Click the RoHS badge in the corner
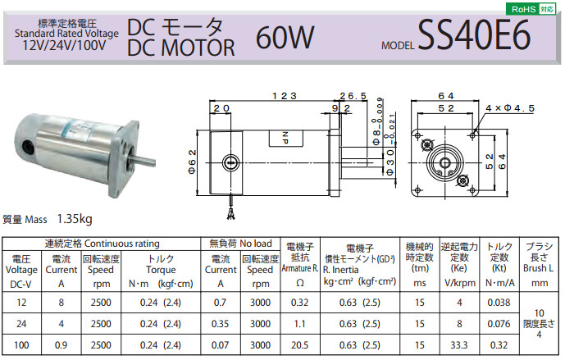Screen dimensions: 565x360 [531, 9]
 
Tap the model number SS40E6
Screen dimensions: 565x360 [474, 35]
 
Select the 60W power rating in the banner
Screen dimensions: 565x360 [285, 38]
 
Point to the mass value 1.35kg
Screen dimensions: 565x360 [75, 219]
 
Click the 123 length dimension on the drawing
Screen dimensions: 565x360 [285, 96]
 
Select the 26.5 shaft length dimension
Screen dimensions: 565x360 [353, 96]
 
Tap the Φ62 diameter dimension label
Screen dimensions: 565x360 [193, 162]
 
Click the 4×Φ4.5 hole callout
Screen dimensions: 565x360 [510, 108]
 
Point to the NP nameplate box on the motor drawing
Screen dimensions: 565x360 [285, 139]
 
